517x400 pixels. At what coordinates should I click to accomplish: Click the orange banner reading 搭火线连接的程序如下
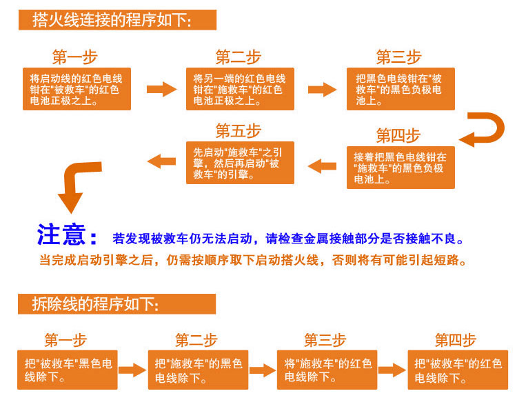(x=117, y=20)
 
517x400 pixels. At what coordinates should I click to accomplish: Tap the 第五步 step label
(x=238, y=130)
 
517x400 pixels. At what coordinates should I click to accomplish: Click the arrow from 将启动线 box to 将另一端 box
(x=162, y=89)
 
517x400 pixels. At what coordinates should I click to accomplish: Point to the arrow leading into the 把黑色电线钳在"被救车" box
(x=322, y=89)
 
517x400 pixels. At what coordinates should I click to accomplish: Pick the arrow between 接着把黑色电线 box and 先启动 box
(x=321, y=166)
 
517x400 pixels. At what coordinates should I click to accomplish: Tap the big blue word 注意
(x=67, y=235)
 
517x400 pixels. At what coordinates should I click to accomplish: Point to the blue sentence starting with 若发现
(x=288, y=239)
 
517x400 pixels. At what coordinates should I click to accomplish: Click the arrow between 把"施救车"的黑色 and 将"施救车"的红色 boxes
(x=261, y=370)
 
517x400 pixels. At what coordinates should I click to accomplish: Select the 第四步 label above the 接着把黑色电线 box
(x=398, y=135)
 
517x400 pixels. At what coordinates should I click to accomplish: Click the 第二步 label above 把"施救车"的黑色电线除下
(x=196, y=340)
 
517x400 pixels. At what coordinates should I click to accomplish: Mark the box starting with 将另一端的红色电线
(x=240, y=89)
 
